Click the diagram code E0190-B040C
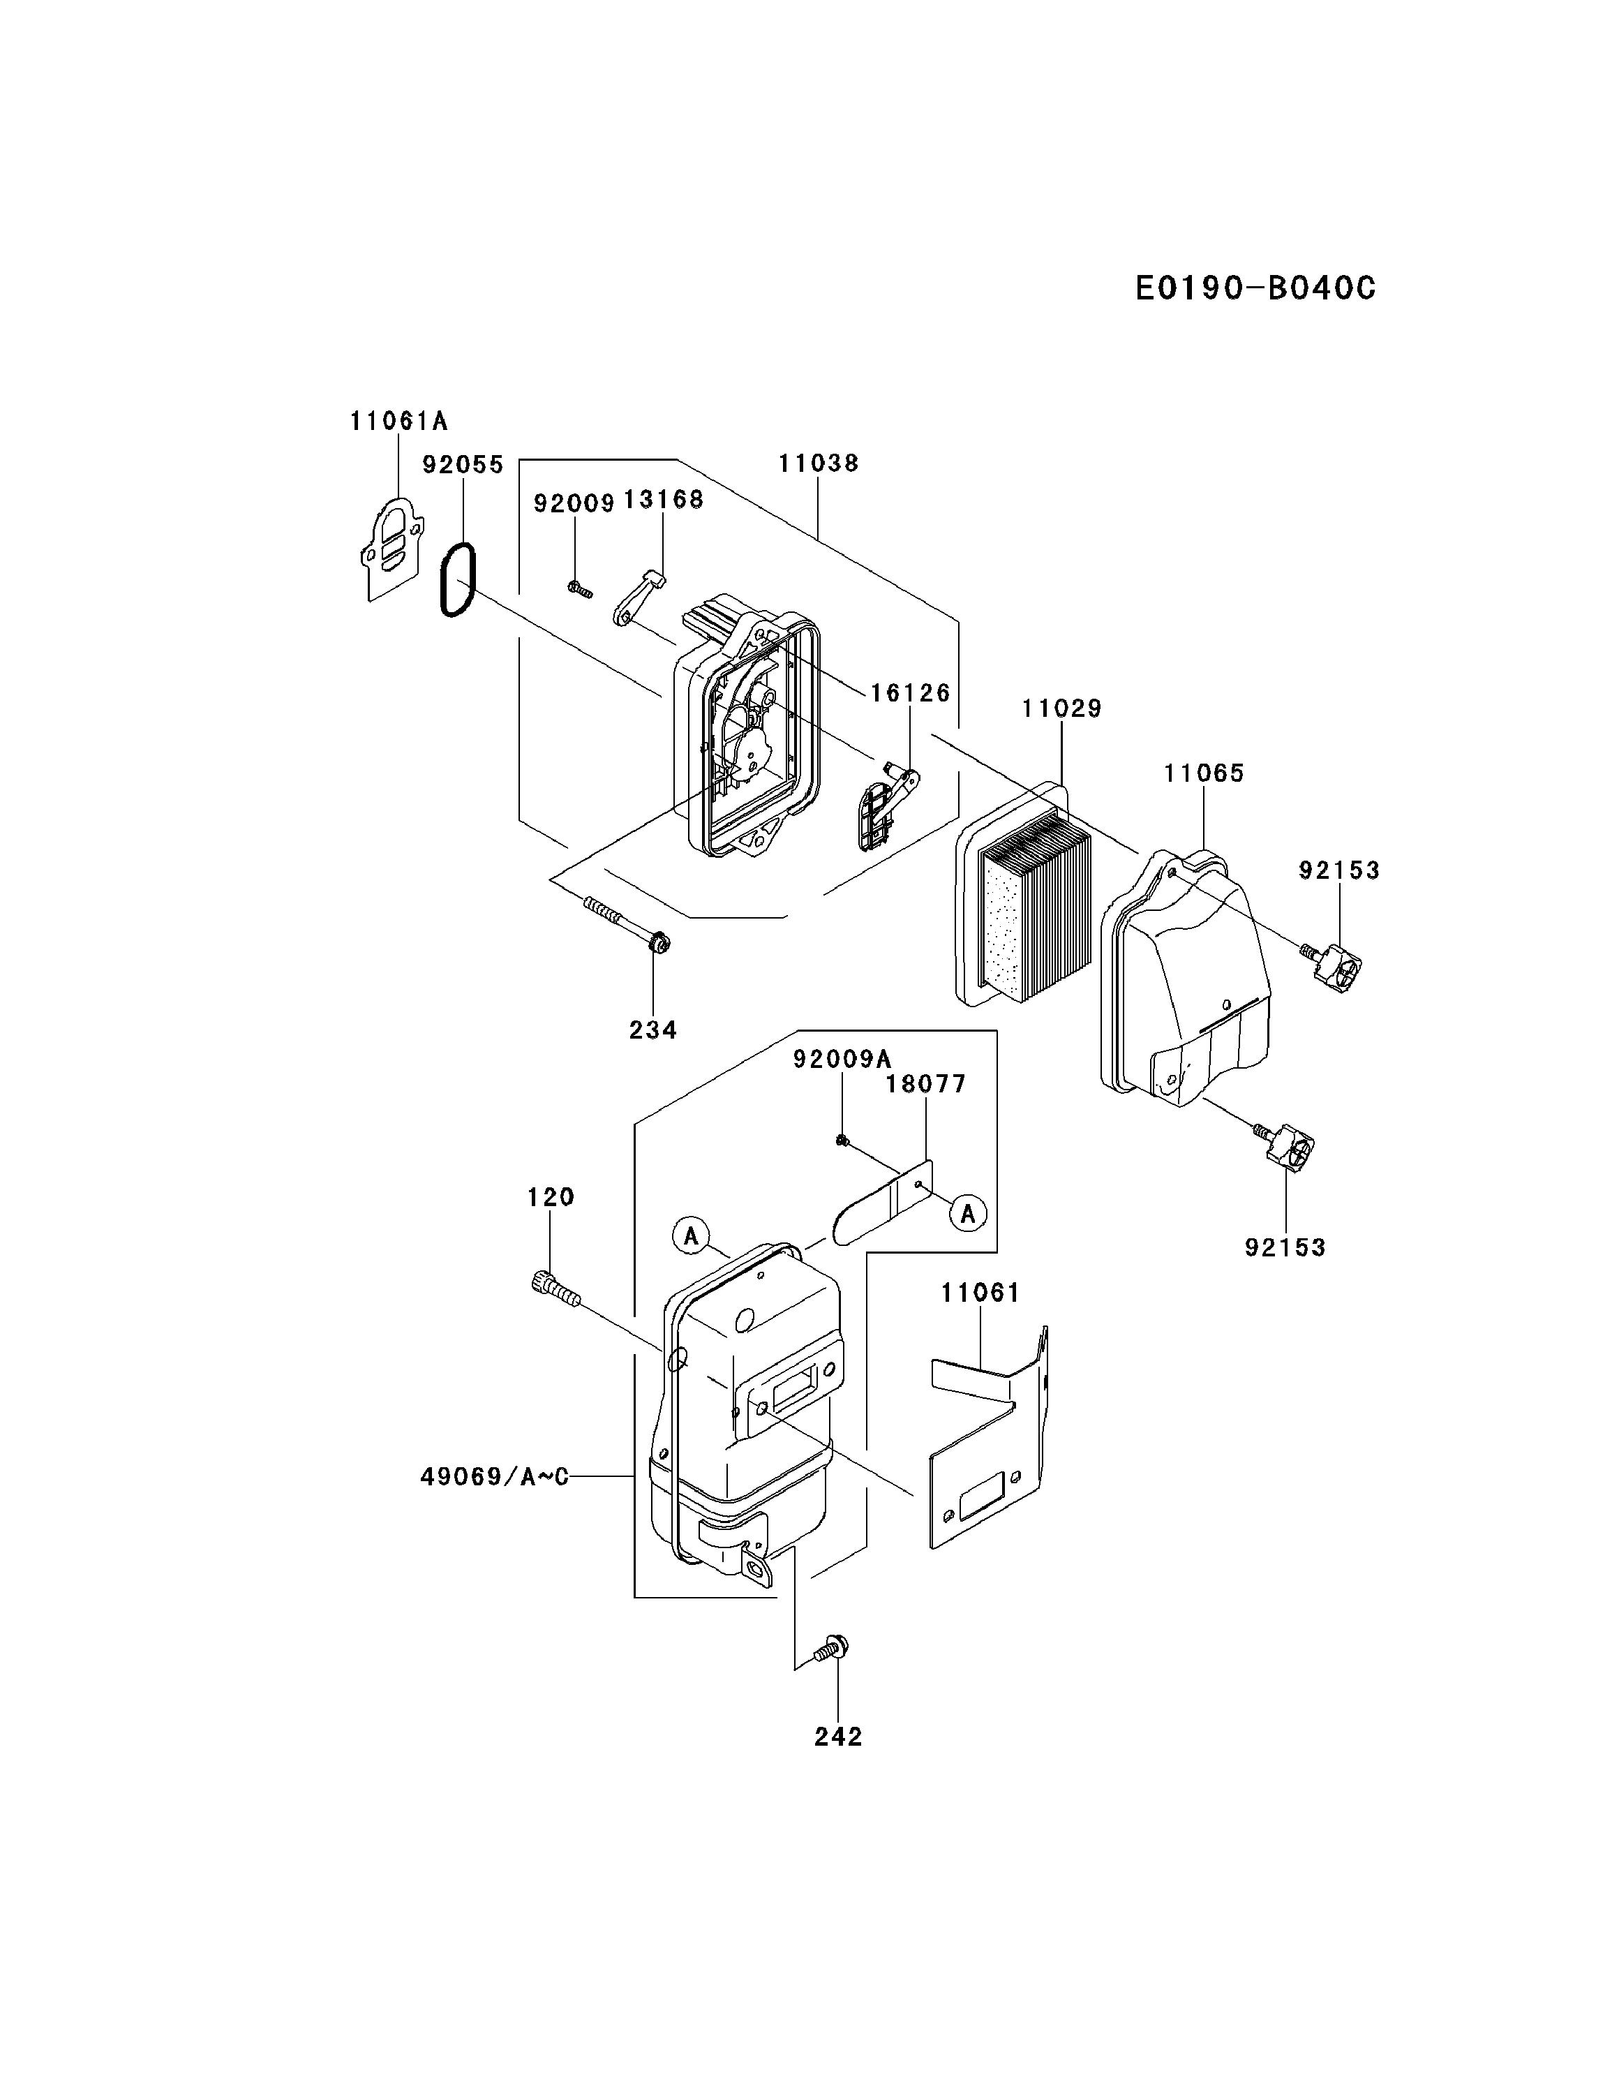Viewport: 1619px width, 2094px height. point(1254,288)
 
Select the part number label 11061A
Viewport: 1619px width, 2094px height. point(398,421)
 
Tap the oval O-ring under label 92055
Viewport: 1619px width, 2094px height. point(458,580)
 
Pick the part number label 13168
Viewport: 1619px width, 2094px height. point(664,500)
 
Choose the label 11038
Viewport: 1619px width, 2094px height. point(818,463)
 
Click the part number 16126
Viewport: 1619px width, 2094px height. point(910,692)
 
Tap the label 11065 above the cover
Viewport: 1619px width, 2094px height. point(1203,773)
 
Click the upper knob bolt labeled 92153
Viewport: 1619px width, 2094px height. point(1335,968)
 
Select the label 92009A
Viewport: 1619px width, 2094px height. point(842,1058)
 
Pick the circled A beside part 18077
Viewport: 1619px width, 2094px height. point(968,1214)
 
